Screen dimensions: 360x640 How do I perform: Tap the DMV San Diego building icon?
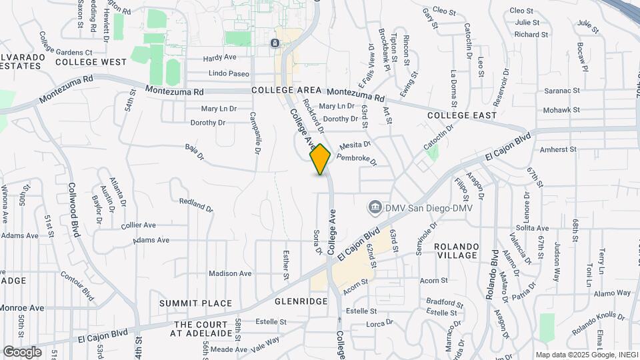click(x=375, y=208)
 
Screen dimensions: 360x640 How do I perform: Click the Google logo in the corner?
click(x=22, y=351)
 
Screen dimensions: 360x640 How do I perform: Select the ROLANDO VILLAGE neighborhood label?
click(x=457, y=251)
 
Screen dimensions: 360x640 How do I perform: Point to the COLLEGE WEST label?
click(x=91, y=62)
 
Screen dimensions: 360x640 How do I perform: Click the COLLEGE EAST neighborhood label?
click(x=462, y=115)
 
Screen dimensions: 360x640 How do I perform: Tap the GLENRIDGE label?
click(x=301, y=301)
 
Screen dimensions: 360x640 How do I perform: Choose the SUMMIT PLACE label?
click(x=196, y=303)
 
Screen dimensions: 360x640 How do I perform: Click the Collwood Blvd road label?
click(x=74, y=210)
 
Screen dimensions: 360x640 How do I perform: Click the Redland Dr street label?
click(x=196, y=204)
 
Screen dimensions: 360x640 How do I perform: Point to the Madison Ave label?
click(x=230, y=273)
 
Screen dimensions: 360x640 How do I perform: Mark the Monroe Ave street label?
click(x=22, y=308)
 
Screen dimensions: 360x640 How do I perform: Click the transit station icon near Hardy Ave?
click(x=275, y=43)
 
